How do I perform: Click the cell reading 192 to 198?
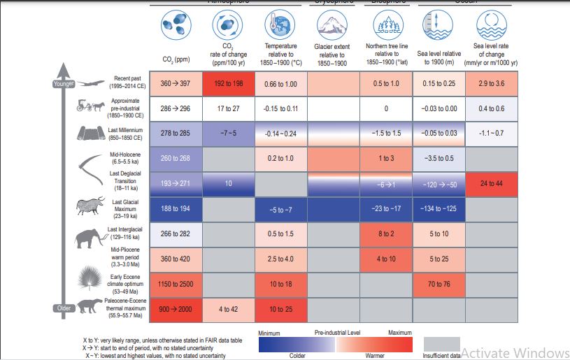(x=227, y=84)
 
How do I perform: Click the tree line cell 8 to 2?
(x=385, y=234)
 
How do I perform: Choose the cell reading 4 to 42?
(x=227, y=308)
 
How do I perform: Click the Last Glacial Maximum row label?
(x=126, y=208)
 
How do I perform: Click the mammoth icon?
(x=89, y=235)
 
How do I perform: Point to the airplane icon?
(x=90, y=82)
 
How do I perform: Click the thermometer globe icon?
(x=280, y=29)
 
